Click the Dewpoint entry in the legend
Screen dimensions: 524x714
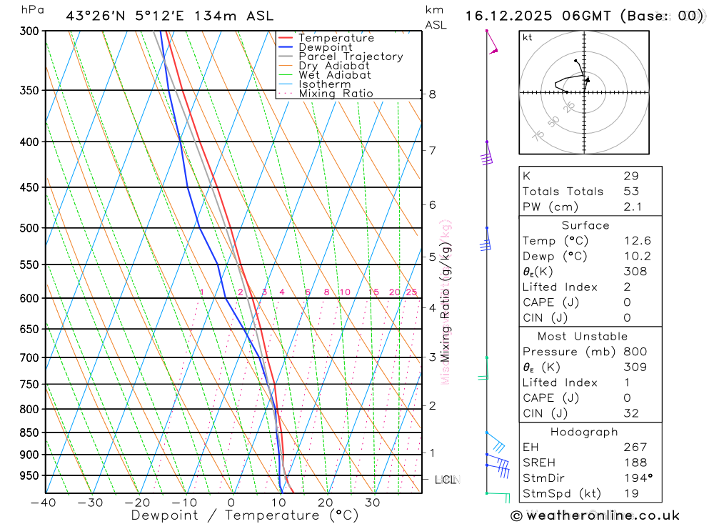coord(326,47)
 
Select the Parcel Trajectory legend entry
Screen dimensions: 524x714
coord(351,56)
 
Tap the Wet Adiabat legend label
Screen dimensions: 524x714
coord(334,75)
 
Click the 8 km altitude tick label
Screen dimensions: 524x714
coord(432,94)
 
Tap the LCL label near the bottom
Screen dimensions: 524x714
coord(446,480)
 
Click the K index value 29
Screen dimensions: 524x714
coord(630,176)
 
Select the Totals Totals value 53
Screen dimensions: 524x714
coord(630,192)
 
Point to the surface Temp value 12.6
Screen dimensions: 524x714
coord(637,241)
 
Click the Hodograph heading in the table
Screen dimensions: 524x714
coord(584,432)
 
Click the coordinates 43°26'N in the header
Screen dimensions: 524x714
coord(97,16)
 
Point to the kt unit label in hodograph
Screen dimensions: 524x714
coord(528,37)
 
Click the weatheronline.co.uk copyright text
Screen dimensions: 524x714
coord(595,515)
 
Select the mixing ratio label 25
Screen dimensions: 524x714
coord(411,292)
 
